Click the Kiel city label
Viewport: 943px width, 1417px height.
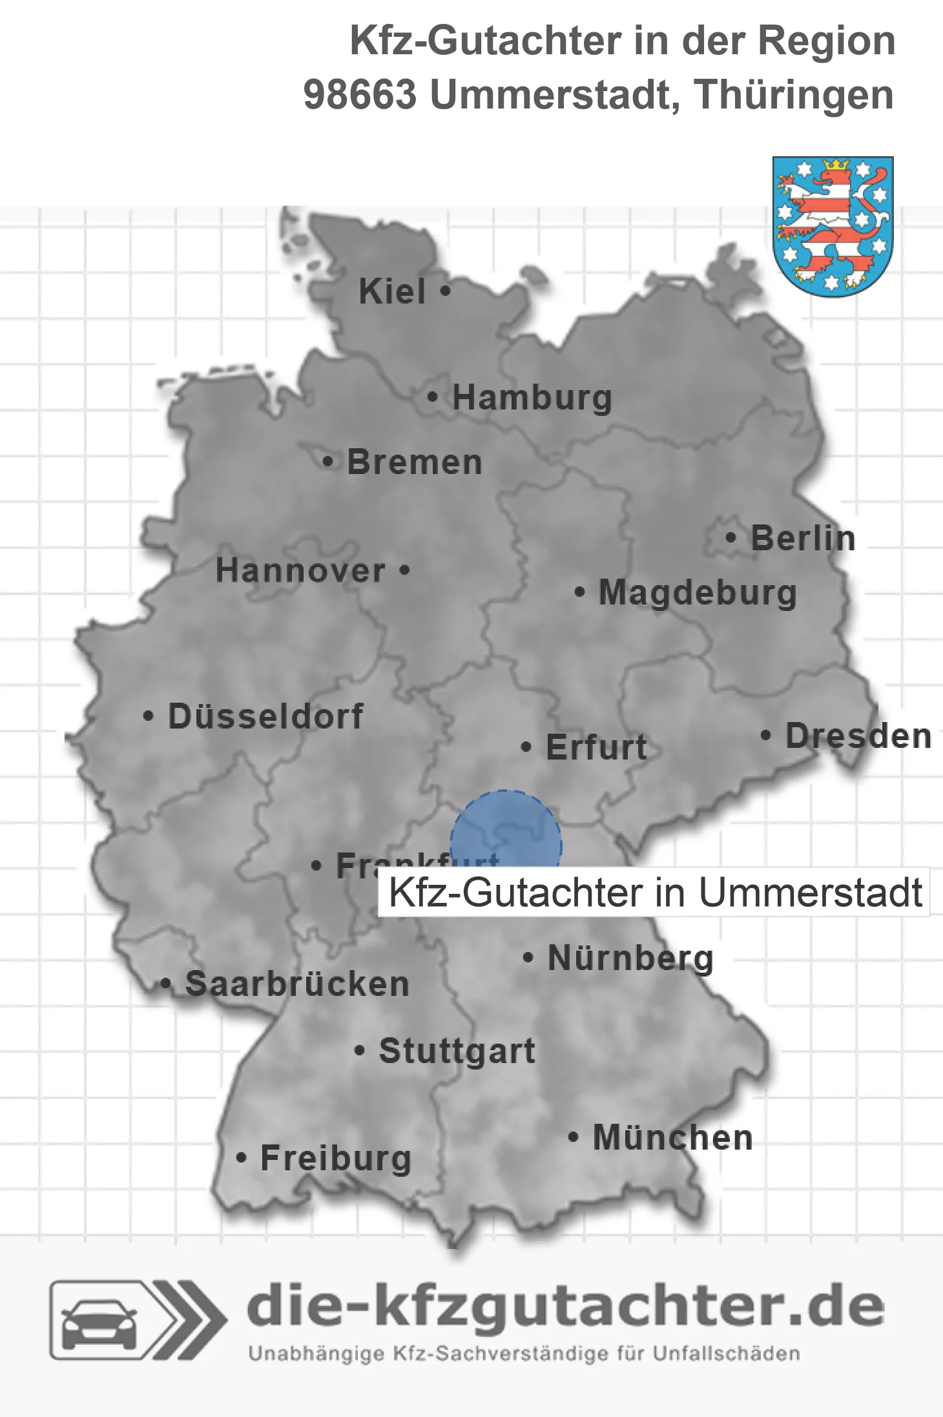pyautogui.click(x=392, y=291)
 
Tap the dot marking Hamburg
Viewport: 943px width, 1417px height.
pyautogui.click(x=433, y=397)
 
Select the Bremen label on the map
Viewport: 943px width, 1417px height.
pyautogui.click(x=415, y=462)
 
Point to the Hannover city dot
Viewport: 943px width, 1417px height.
pyautogui.click(x=405, y=570)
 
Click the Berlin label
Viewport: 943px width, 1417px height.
pyautogui.click(x=803, y=538)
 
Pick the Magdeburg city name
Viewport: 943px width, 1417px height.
pyautogui.click(x=698, y=593)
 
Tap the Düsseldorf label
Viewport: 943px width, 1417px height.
pyautogui.click(x=265, y=716)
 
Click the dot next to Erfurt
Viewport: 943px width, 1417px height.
pyautogui.click(x=526, y=747)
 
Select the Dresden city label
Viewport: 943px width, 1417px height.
pyautogui.click(x=858, y=736)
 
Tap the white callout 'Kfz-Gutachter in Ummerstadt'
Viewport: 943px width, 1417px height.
pyautogui.click(x=654, y=893)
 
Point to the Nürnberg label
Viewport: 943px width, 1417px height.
pyautogui.click(x=630, y=958)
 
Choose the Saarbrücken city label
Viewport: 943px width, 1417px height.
pyautogui.click(x=297, y=984)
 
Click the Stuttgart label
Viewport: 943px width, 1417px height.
pyautogui.click(x=457, y=1051)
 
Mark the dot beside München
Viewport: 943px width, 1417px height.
pyautogui.click(x=573, y=1137)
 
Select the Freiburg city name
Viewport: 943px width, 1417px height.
pyautogui.click(x=336, y=1158)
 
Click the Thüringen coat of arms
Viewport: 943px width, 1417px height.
pyautogui.click(x=833, y=226)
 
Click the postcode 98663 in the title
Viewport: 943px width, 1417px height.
pyautogui.click(x=360, y=95)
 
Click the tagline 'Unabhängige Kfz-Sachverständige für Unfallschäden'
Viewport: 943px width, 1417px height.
pyautogui.click(x=524, y=1354)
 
